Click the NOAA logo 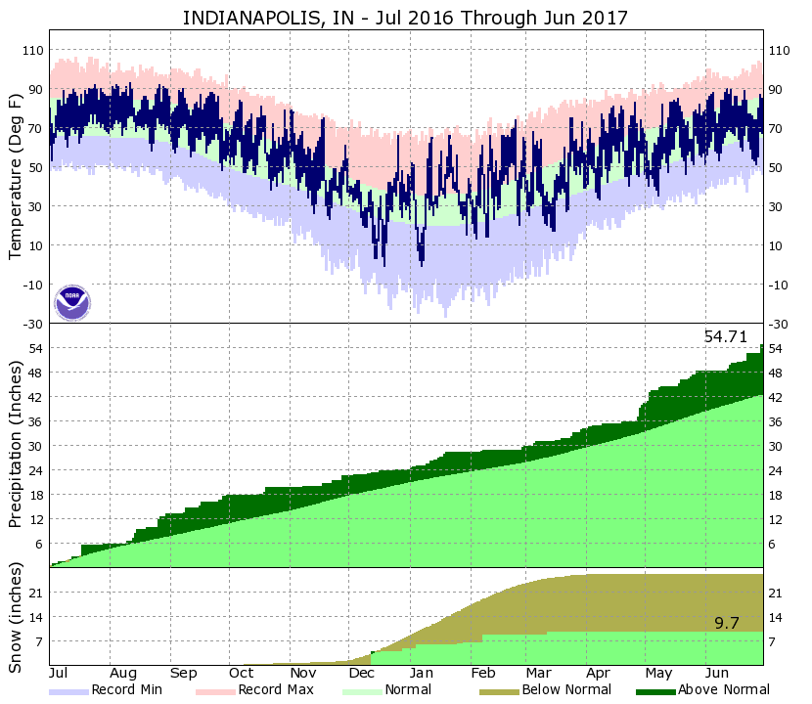tap(72, 302)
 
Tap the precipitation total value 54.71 tap(725, 336)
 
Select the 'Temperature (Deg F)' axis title tap(15, 176)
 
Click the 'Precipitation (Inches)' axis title tap(15, 445)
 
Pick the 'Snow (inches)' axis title tap(15, 618)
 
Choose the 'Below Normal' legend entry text tap(566, 690)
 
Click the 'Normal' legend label tap(408, 690)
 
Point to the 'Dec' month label tap(361, 674)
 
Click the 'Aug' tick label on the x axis tap(123, 674)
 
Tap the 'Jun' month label tap(718, 674)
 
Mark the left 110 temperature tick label tap(31, 50)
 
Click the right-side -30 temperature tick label tap(780, 324)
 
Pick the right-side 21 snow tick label tap(777, 593)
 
